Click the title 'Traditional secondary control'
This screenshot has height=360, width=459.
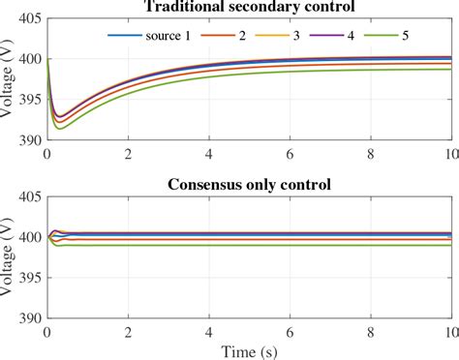[x=250, y=7]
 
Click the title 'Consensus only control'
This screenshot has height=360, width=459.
[x=250, y=185]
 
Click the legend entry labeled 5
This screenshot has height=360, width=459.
[x=427, y=36]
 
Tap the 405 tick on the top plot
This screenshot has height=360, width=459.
[x=30, y=18]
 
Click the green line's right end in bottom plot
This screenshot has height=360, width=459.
[x=451, y=245]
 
